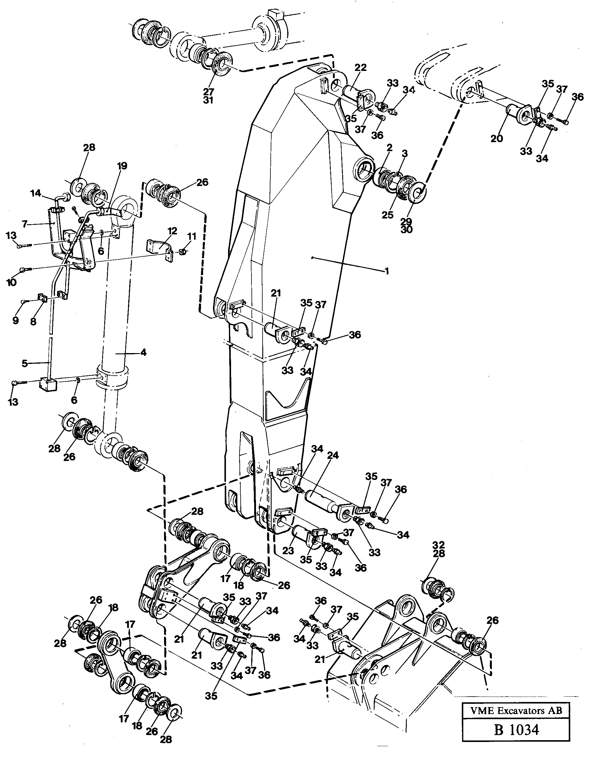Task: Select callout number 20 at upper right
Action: [x=496, y=139]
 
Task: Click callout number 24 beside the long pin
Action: [x=333, y=455]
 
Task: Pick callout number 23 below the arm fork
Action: [x=288, y=551]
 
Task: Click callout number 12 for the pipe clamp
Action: [x=172, y=231]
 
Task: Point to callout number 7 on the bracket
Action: [x=24, y=224]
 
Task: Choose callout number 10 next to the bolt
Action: [x=11, y=282]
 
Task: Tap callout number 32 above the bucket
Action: [x=438, y=545]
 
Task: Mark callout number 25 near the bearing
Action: [x=387, y=215]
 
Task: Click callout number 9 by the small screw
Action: [x=15, y=320]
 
